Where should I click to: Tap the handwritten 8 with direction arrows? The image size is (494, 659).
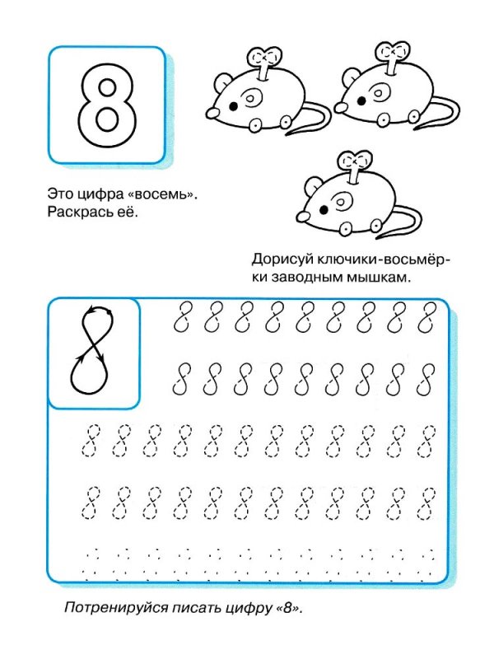point(95,349)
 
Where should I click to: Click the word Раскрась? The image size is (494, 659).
point(78,213)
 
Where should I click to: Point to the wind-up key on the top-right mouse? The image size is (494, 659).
point(390,56)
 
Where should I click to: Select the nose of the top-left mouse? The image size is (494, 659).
point(209,111)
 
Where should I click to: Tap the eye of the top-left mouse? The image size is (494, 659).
point(234,106)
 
